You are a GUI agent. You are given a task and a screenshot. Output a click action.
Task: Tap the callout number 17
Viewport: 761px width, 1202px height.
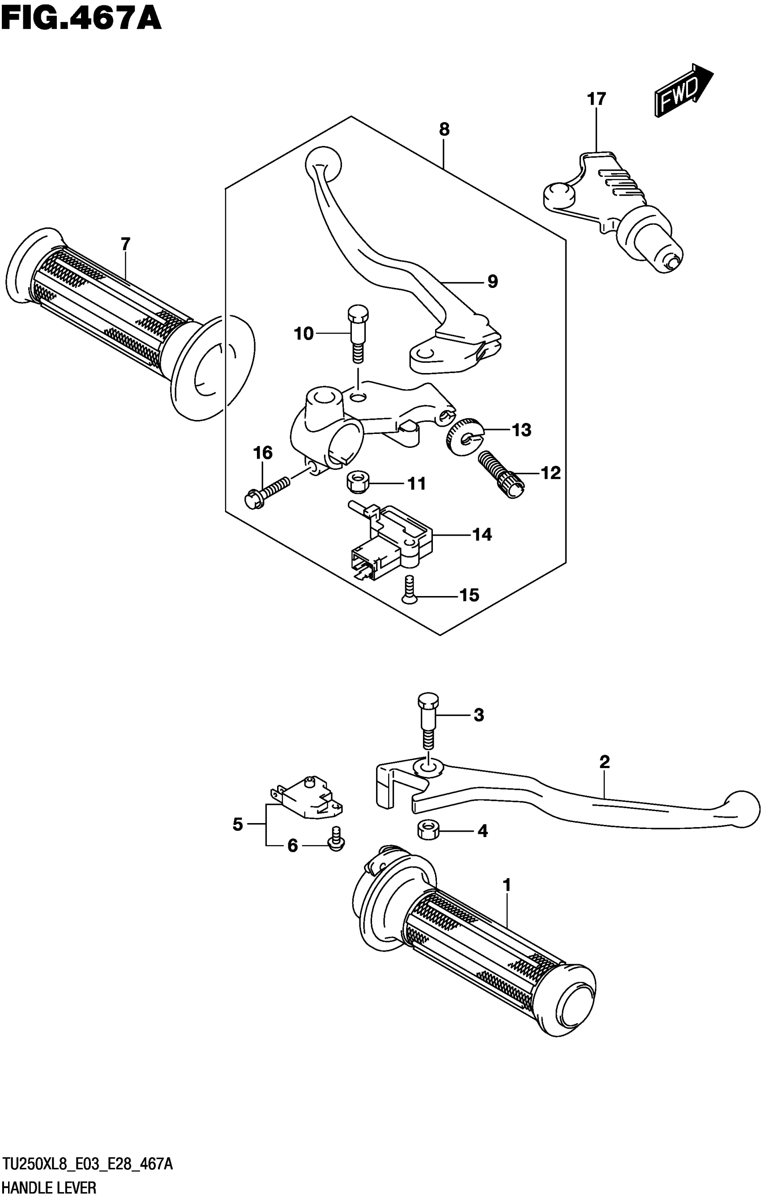pyautogui.click(x=596, y=99)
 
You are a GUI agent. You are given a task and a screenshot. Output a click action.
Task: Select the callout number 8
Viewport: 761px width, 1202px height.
pyautogui.click(x=444, y=130)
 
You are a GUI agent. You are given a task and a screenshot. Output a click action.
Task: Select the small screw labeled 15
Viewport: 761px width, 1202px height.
pyautogui.click(x=410, y=591)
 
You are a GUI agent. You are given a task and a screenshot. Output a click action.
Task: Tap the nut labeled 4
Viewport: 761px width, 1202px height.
pyautogui.click(x=427, y=831)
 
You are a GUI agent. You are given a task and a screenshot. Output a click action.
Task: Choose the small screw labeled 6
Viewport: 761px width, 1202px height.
pyautogui.click(x=336, y=844)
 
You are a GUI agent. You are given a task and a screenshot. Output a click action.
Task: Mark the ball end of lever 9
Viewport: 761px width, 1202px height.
pyautogui.click(x=323, y=161)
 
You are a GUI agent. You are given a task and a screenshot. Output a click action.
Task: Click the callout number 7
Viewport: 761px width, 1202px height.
pyautogui.click(x=125, y=244)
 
